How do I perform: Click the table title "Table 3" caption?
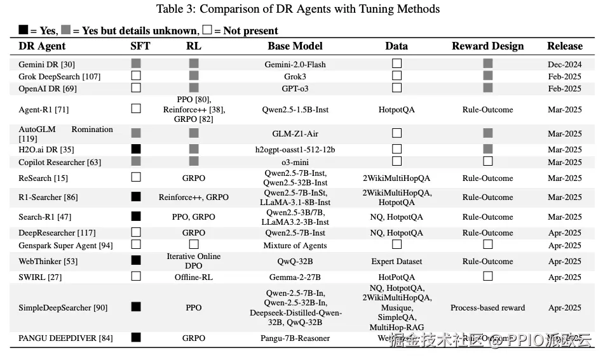pos(298,9)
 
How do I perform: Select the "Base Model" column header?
pos(295,46)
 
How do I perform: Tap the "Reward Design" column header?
pos(487,46)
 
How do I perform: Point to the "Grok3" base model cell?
pos(295,76)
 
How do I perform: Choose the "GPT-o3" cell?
pos(295,88)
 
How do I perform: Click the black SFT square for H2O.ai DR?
pos(136,149)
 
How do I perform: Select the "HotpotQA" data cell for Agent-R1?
pos(396,109)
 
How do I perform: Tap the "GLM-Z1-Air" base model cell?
pos(295,133)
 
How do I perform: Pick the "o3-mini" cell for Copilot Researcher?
pos(295,162)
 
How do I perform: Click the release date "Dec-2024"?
pos(564,64)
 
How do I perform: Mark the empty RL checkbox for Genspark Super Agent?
pos(194,245)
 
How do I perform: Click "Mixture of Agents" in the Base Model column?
pos(295,245)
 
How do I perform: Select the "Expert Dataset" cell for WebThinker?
pos(396,261)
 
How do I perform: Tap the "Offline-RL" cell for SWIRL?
pos(193,277)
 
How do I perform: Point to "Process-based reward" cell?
pos(487,307)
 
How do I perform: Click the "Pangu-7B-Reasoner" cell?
pos(295,338)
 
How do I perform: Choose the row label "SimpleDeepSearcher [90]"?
pos(63,307)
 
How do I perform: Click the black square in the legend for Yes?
pos(24,30)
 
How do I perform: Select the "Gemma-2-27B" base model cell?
pos(295,277)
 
